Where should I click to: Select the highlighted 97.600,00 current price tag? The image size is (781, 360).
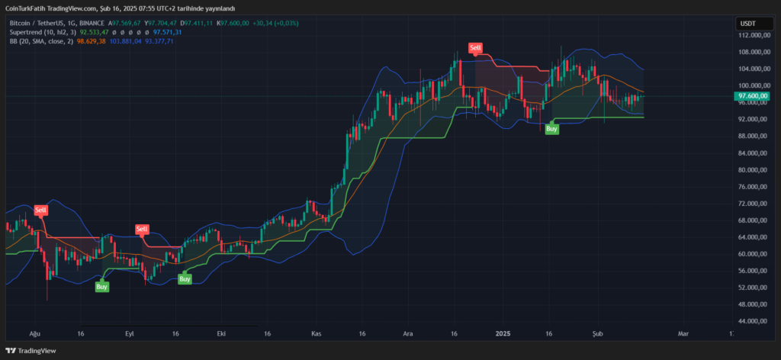coord(752,96)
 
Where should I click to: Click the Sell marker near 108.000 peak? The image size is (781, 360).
coord(476,49)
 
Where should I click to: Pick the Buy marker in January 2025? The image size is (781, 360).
coord(551,130)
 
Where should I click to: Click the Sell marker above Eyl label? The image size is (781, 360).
coord(141,229)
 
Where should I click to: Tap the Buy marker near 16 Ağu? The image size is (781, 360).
coord(101,287)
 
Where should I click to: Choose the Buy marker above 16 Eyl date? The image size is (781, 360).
coord(185,280)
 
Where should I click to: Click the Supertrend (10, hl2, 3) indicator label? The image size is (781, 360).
coord(43,33)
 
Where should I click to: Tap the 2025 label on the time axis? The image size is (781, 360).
coord(503,334)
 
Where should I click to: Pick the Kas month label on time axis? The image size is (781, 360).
coord(317,334)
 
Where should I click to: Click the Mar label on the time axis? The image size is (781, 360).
coord(683,334)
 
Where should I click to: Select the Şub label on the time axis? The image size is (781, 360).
coord(597,334)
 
